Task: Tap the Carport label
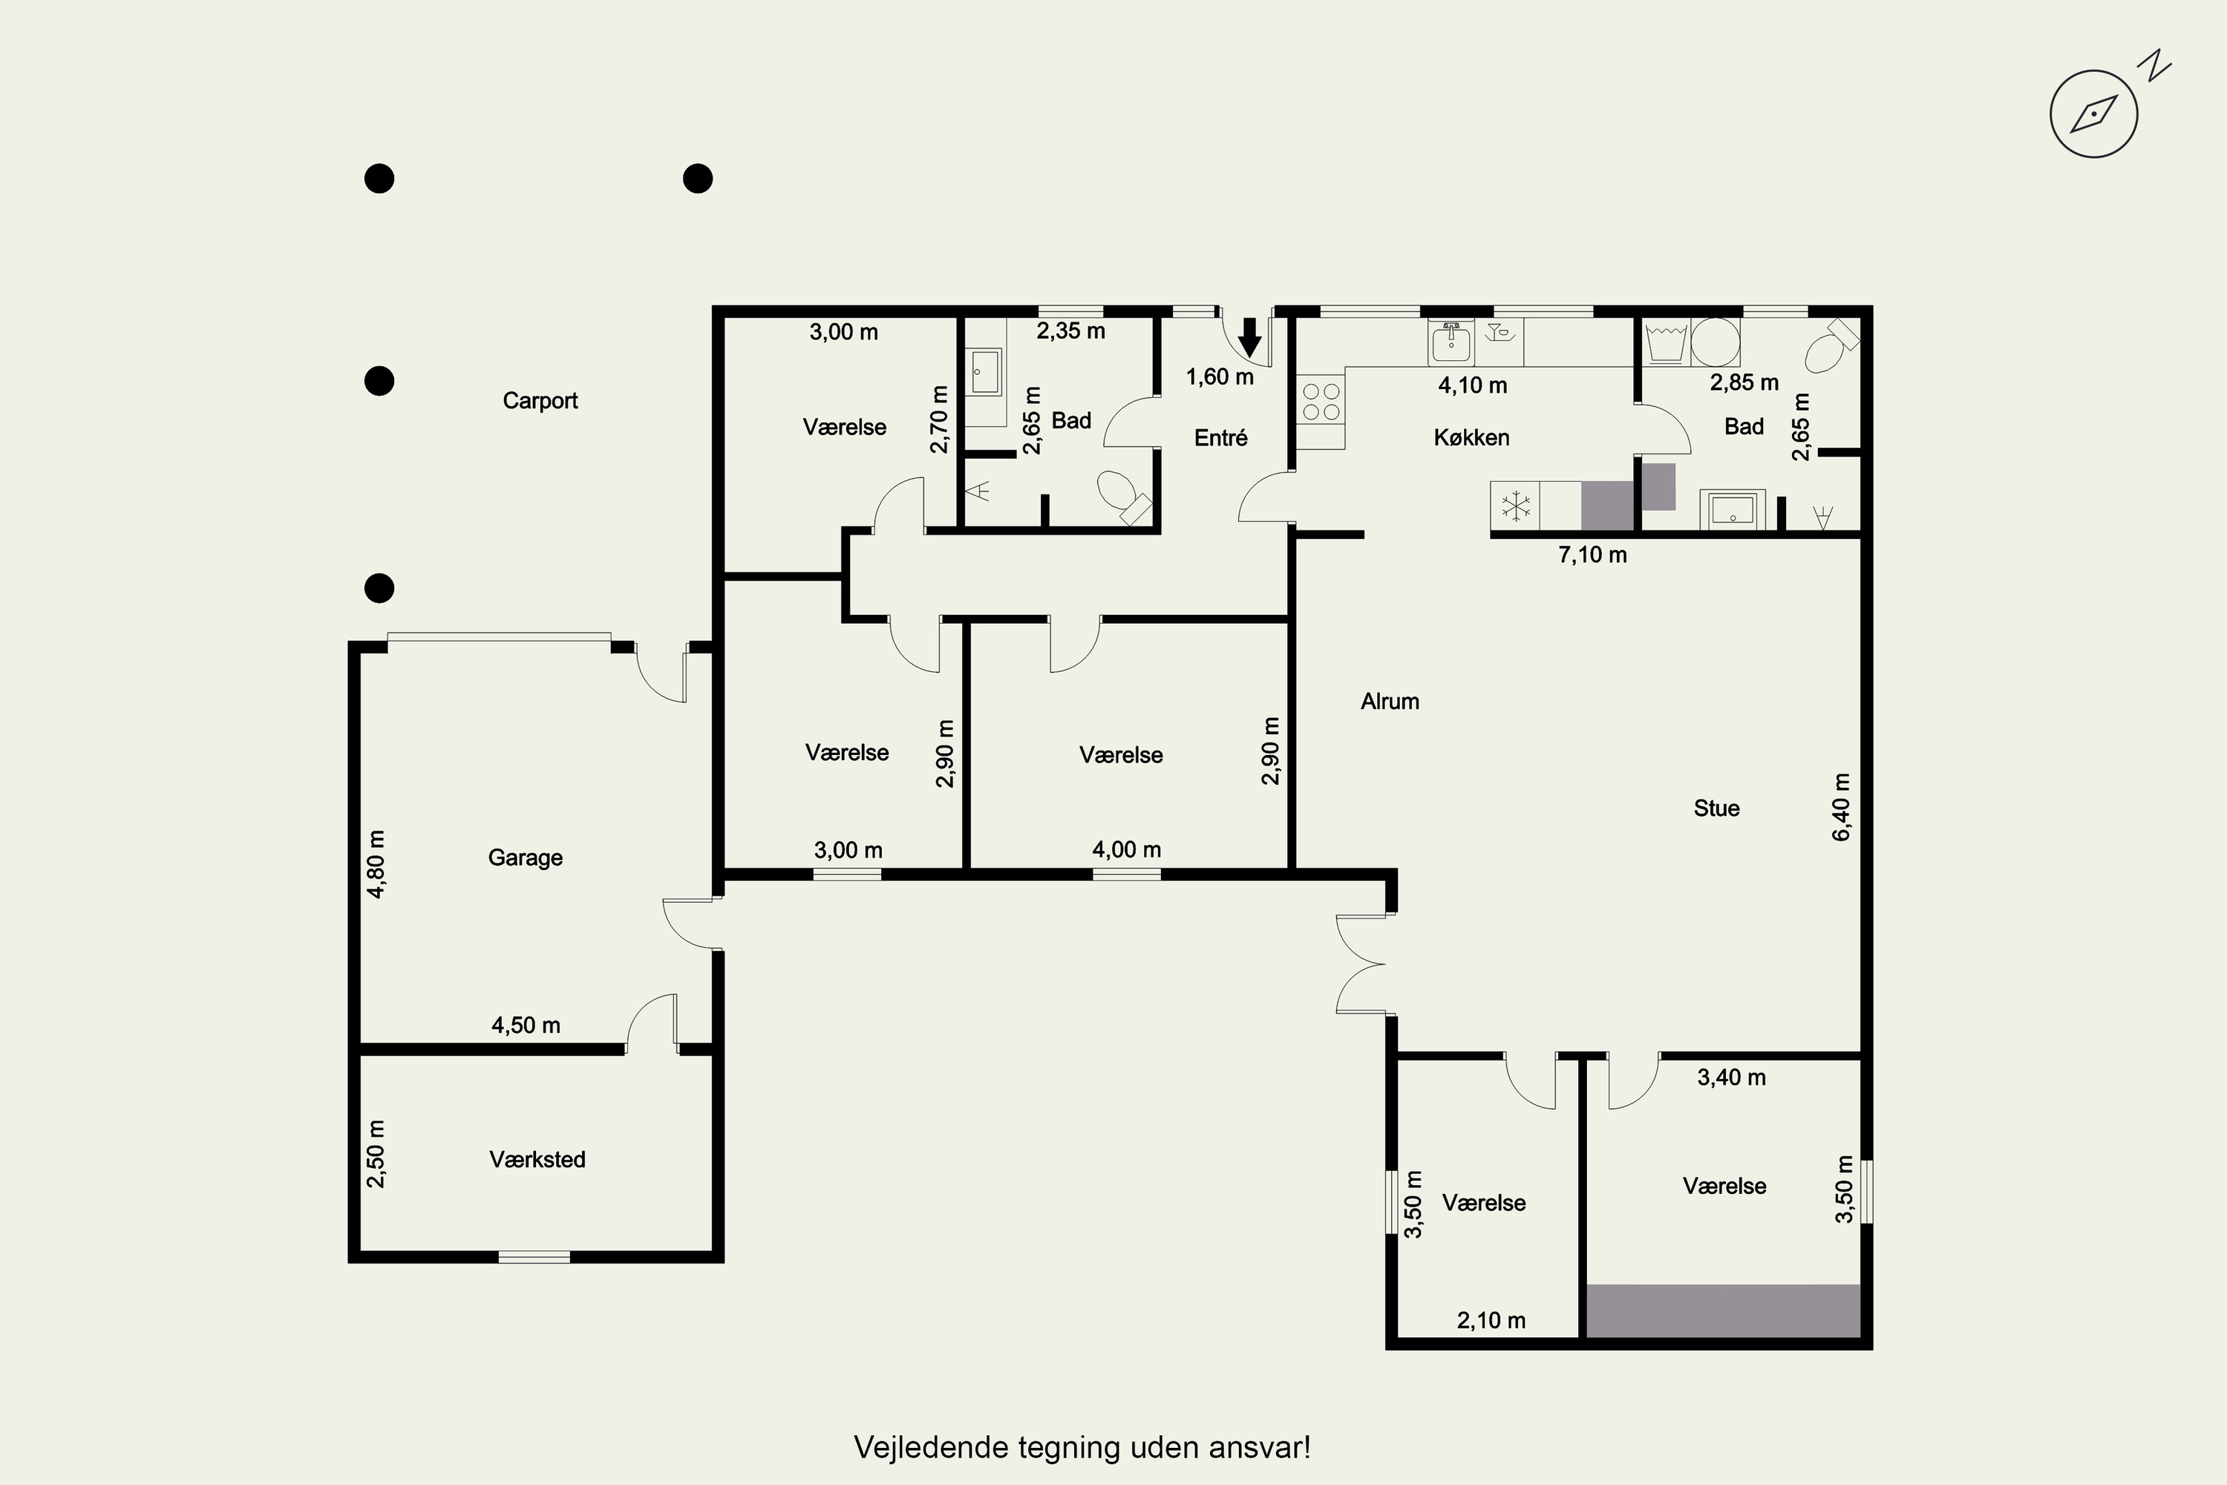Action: [x=540, y=401]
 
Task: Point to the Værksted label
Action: [x=537, y=1159]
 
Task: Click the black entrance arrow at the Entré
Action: [x=1250, y=337]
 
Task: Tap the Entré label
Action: [x=1220, y=437]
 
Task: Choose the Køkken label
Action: [x=1471, y=437]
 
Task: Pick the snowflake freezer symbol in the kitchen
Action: [x=1515, y=506]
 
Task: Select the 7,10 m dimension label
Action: [x=1592, y=555]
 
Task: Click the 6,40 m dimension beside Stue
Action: [x=1841, y=807]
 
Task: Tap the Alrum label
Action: [x=1390, y=702]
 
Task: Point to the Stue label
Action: [x=1716, y=808]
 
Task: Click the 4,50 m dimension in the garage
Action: [x=526, y=1025]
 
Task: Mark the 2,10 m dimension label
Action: [x=1491, y=1320]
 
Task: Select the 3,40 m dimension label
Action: [x=1732, y=1077]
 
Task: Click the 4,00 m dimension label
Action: [x=1127, y=849]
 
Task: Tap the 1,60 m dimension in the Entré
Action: [x=1220, y=377]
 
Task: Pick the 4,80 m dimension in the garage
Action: [x=376, y=864]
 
